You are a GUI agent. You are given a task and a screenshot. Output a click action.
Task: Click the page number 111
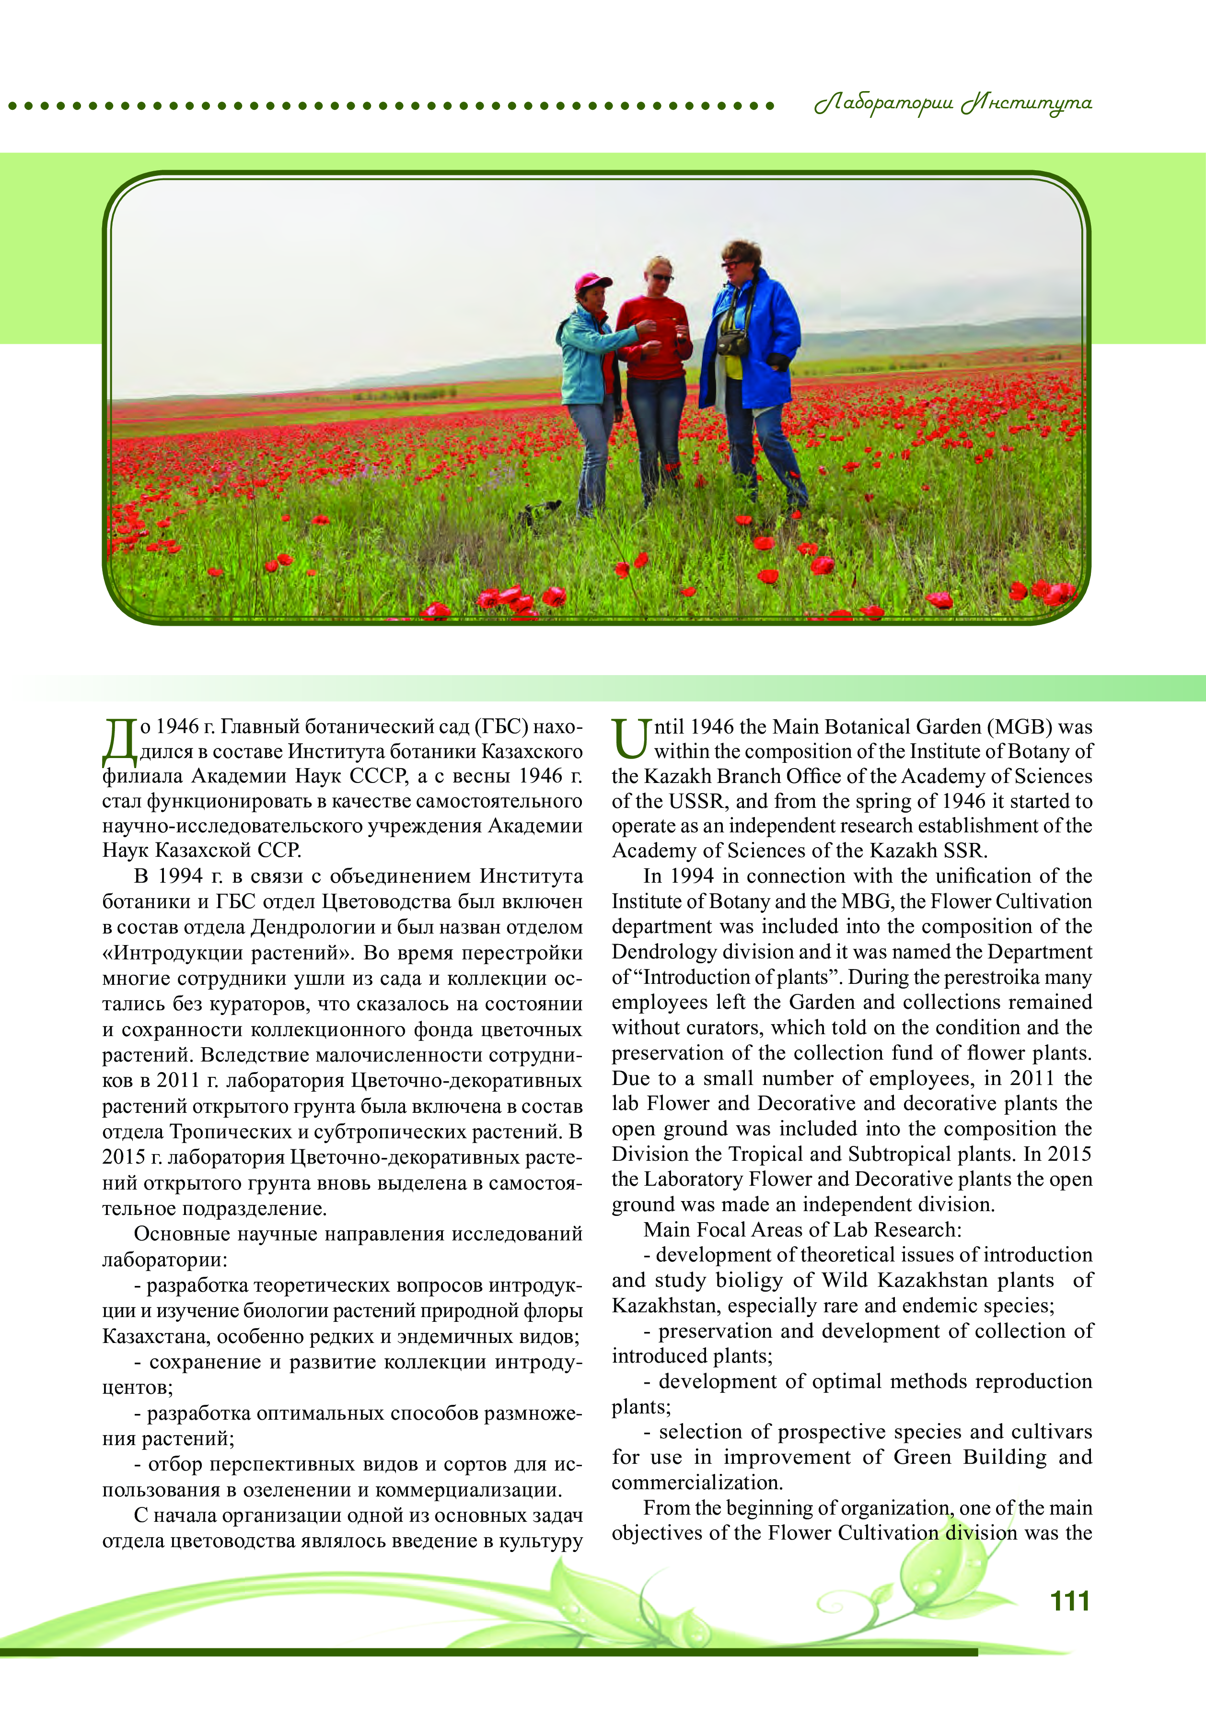pyautogui.click(x=1069, y=1600)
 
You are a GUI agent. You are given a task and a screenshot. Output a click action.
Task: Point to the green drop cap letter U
pyautogui.click(x=630, y=738)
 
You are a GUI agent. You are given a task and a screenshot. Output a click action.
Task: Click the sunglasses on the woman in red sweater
pyautogui.click(x=662, y=278)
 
